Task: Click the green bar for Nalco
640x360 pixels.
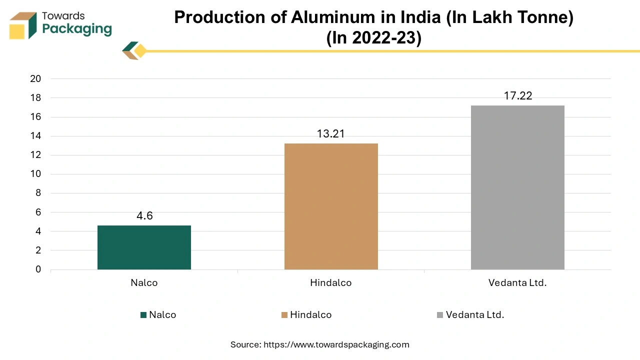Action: pos(144,247)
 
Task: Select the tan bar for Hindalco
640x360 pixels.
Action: pos(331,206)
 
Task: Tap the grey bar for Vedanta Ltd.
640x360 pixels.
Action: pos(517,187)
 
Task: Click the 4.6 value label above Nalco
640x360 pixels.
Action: pos(144,216)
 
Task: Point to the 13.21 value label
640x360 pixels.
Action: pos(331,134)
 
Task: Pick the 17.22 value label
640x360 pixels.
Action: pos(518,95)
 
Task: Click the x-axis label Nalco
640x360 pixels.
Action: pos(144,282)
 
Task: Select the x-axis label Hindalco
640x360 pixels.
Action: pos(330,282)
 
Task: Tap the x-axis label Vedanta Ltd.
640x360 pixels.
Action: pos(517,282)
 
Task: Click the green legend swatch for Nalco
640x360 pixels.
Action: pos(143,315)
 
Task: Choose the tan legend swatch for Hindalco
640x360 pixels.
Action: pos(284,315)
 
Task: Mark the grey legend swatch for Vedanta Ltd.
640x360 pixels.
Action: pos(440,315)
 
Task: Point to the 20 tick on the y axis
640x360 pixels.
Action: pos(35,79)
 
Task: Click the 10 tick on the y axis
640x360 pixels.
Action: pos(35,174)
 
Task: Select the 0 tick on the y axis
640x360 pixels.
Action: pos(38,270)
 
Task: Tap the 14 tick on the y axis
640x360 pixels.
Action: pos(35,136)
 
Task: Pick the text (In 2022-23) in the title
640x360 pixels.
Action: pos(373,38)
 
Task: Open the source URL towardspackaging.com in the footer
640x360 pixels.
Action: pos(336,344)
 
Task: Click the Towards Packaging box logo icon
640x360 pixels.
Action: pos(23,25)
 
